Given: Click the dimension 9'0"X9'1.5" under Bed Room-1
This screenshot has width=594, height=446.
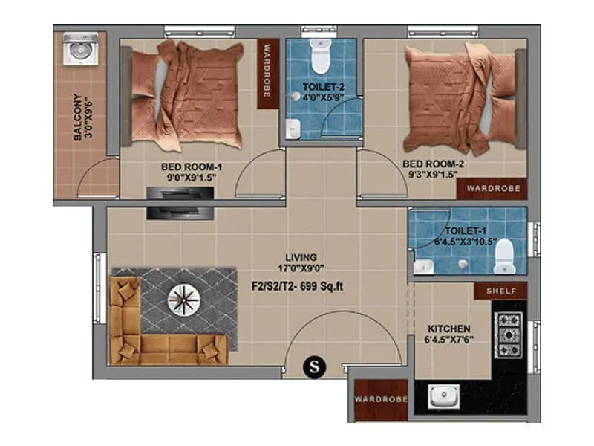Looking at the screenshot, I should coord(188,179).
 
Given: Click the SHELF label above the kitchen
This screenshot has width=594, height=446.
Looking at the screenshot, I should coord(506,291).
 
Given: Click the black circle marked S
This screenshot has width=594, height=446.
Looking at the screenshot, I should coord(314,366).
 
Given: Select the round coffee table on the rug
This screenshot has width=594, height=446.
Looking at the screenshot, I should coord(182,300).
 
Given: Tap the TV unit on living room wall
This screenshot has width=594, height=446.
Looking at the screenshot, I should coord(180,202).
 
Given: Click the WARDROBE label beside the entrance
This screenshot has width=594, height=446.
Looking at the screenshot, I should coord(381,399).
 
